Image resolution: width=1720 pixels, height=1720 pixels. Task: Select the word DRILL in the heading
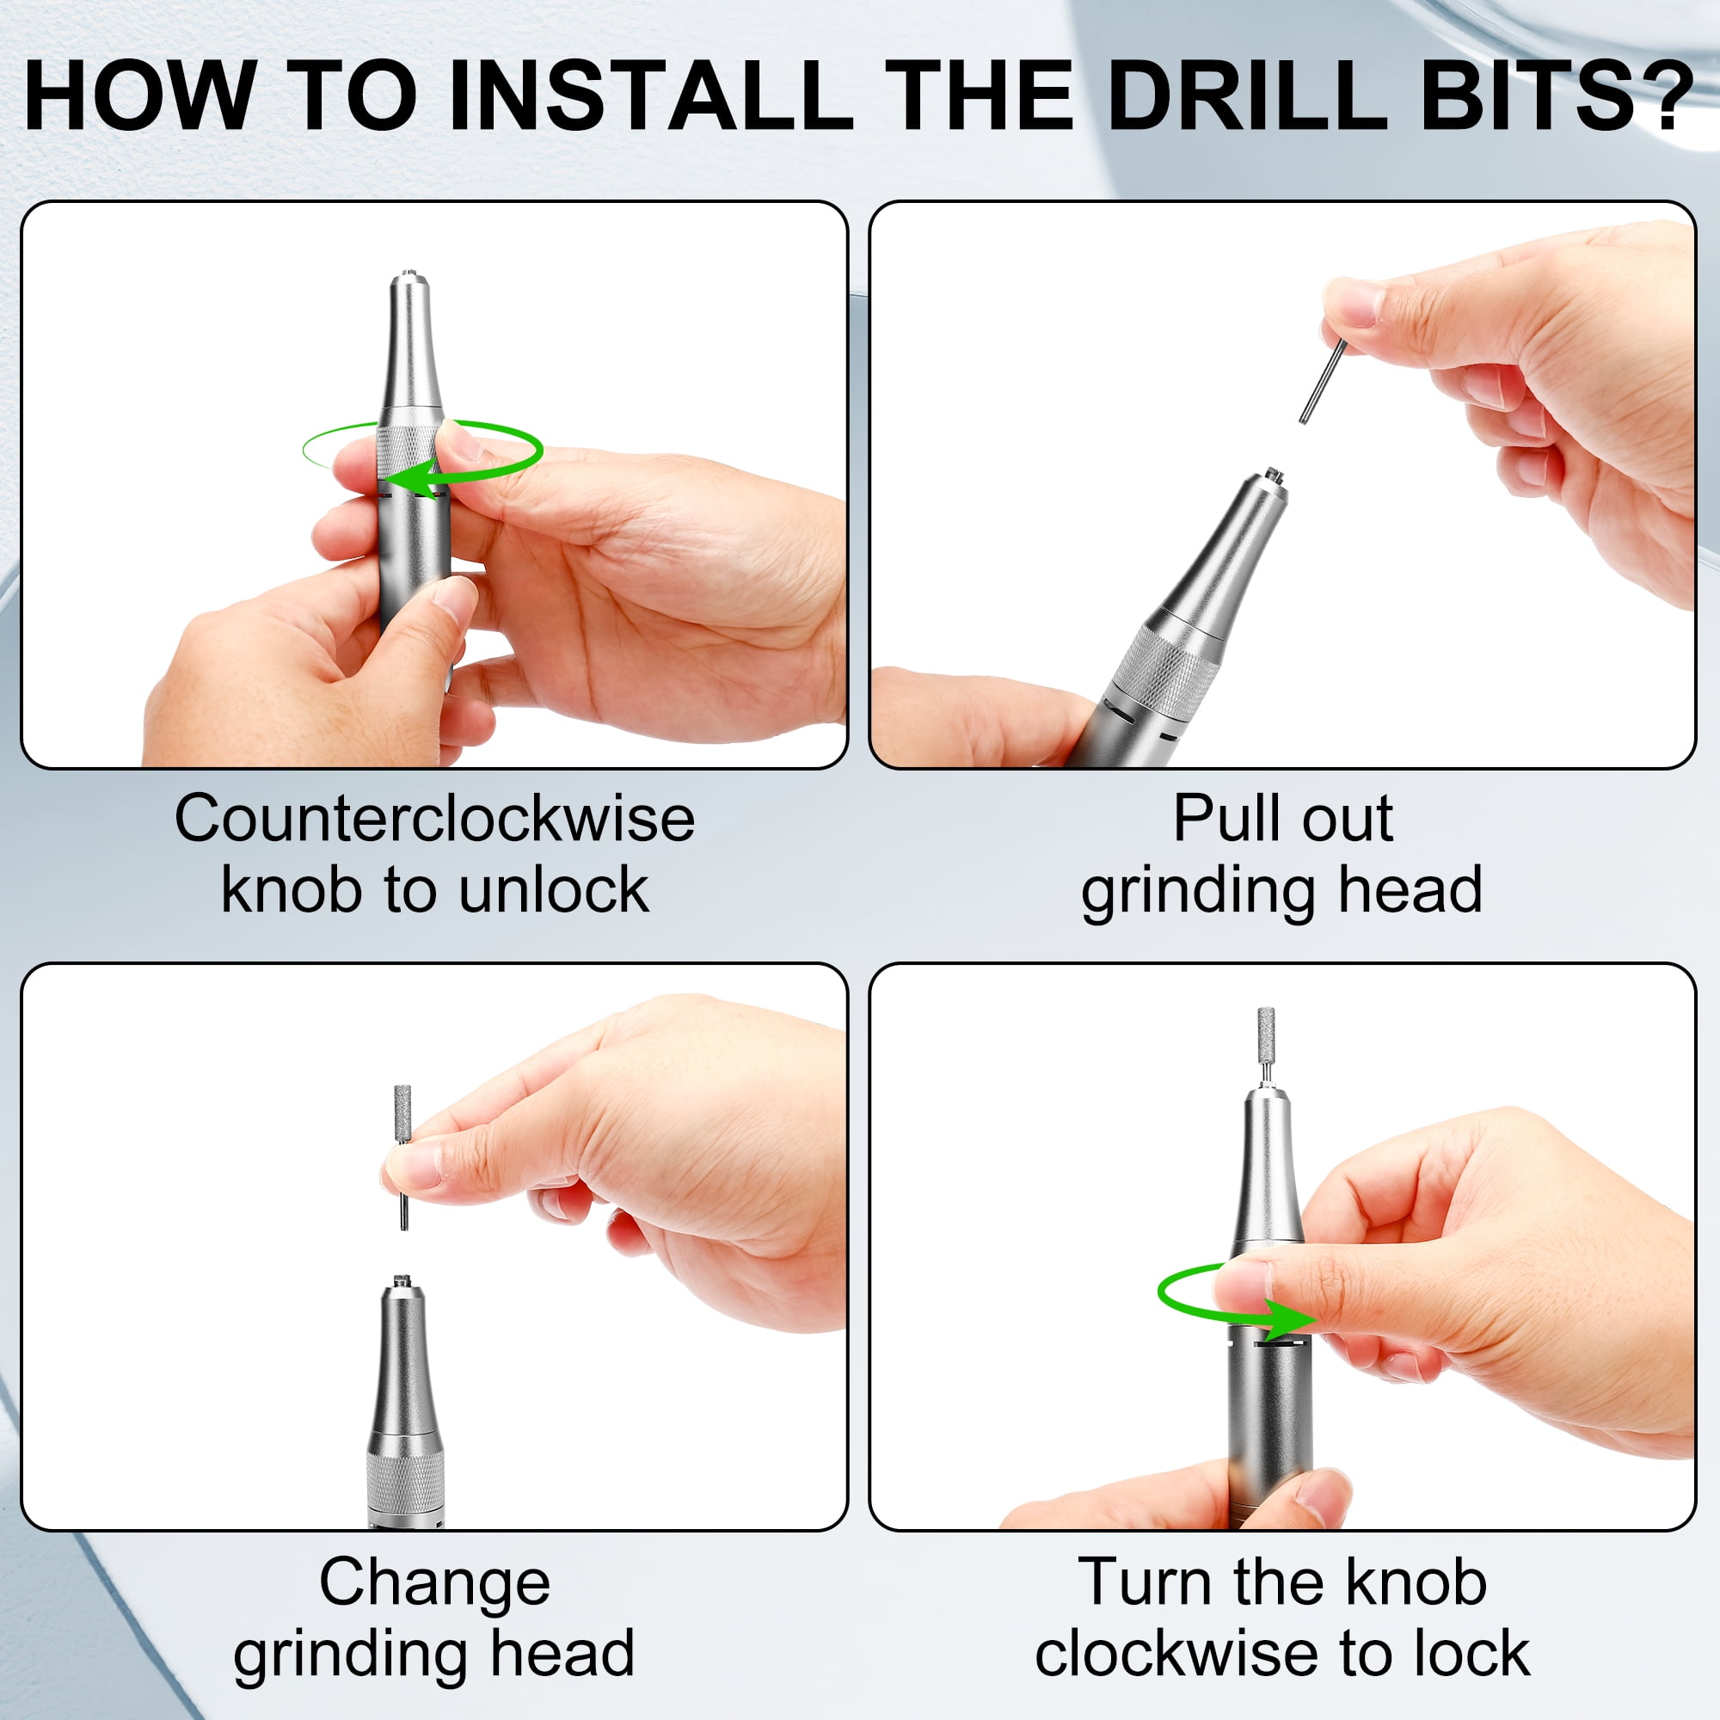(1246, 96)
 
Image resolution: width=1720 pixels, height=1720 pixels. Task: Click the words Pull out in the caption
(1283, 819)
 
